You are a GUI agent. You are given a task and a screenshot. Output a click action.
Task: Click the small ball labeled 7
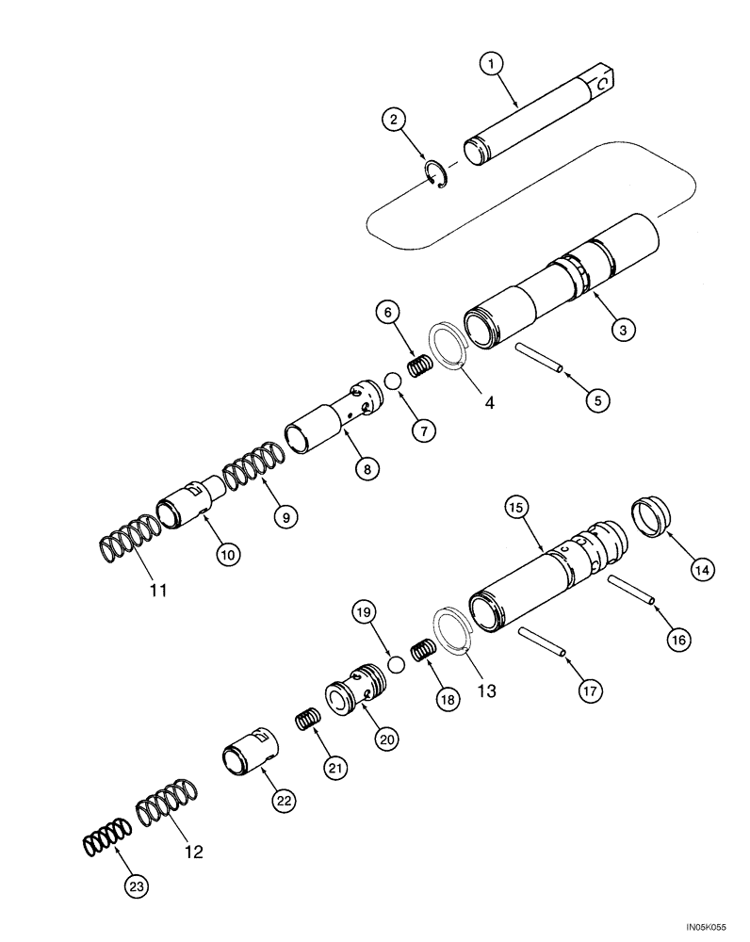click(x=392, y=382)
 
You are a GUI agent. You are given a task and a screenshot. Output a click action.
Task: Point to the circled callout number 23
click(x=138, y=885)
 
